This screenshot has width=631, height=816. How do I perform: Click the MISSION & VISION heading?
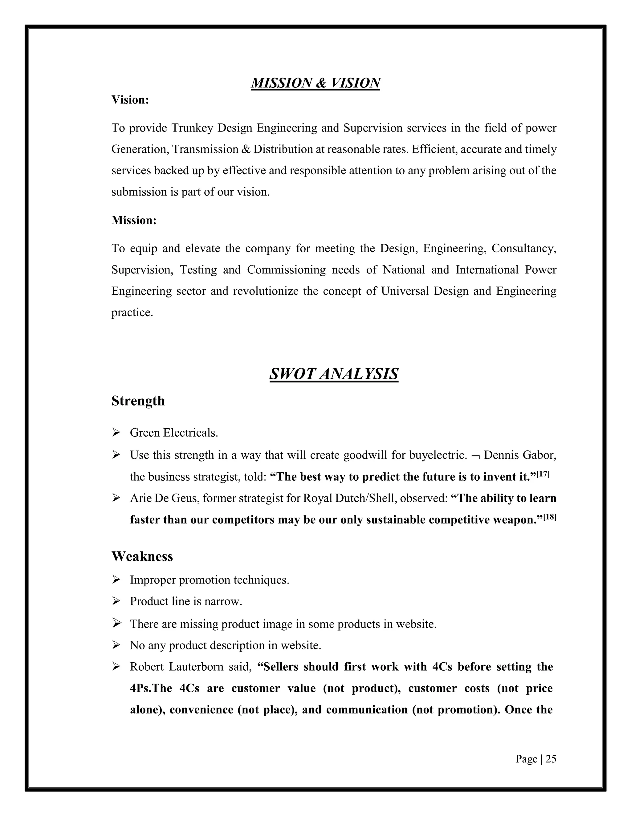pyautogui.click(x=315, y=83)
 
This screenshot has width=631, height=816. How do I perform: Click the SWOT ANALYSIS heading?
pyautogui.click(x=333, y=374)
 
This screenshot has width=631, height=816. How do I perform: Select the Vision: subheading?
pyautogui.click(x=130, y=100)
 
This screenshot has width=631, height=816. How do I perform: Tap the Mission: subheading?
pyautogui.click(x=134, y=220)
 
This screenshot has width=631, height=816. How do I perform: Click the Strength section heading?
pyautogui.click(x=138, y=401)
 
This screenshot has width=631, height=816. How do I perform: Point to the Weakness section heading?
pyautogui.click(x=142, y=556)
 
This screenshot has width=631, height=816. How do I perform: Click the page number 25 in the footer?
pyautogui.click(x=551, y=759)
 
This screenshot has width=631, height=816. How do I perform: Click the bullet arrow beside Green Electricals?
pyautogui.click(x=116, y=433)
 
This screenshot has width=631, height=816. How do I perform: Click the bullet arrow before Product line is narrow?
pyautogui.click(x=116, y=601)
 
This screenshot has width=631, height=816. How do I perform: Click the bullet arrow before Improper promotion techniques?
pyautogui.click(x=116, y=580)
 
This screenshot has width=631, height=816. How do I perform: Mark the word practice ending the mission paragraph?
pyautogui.click(x=132, y=312)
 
